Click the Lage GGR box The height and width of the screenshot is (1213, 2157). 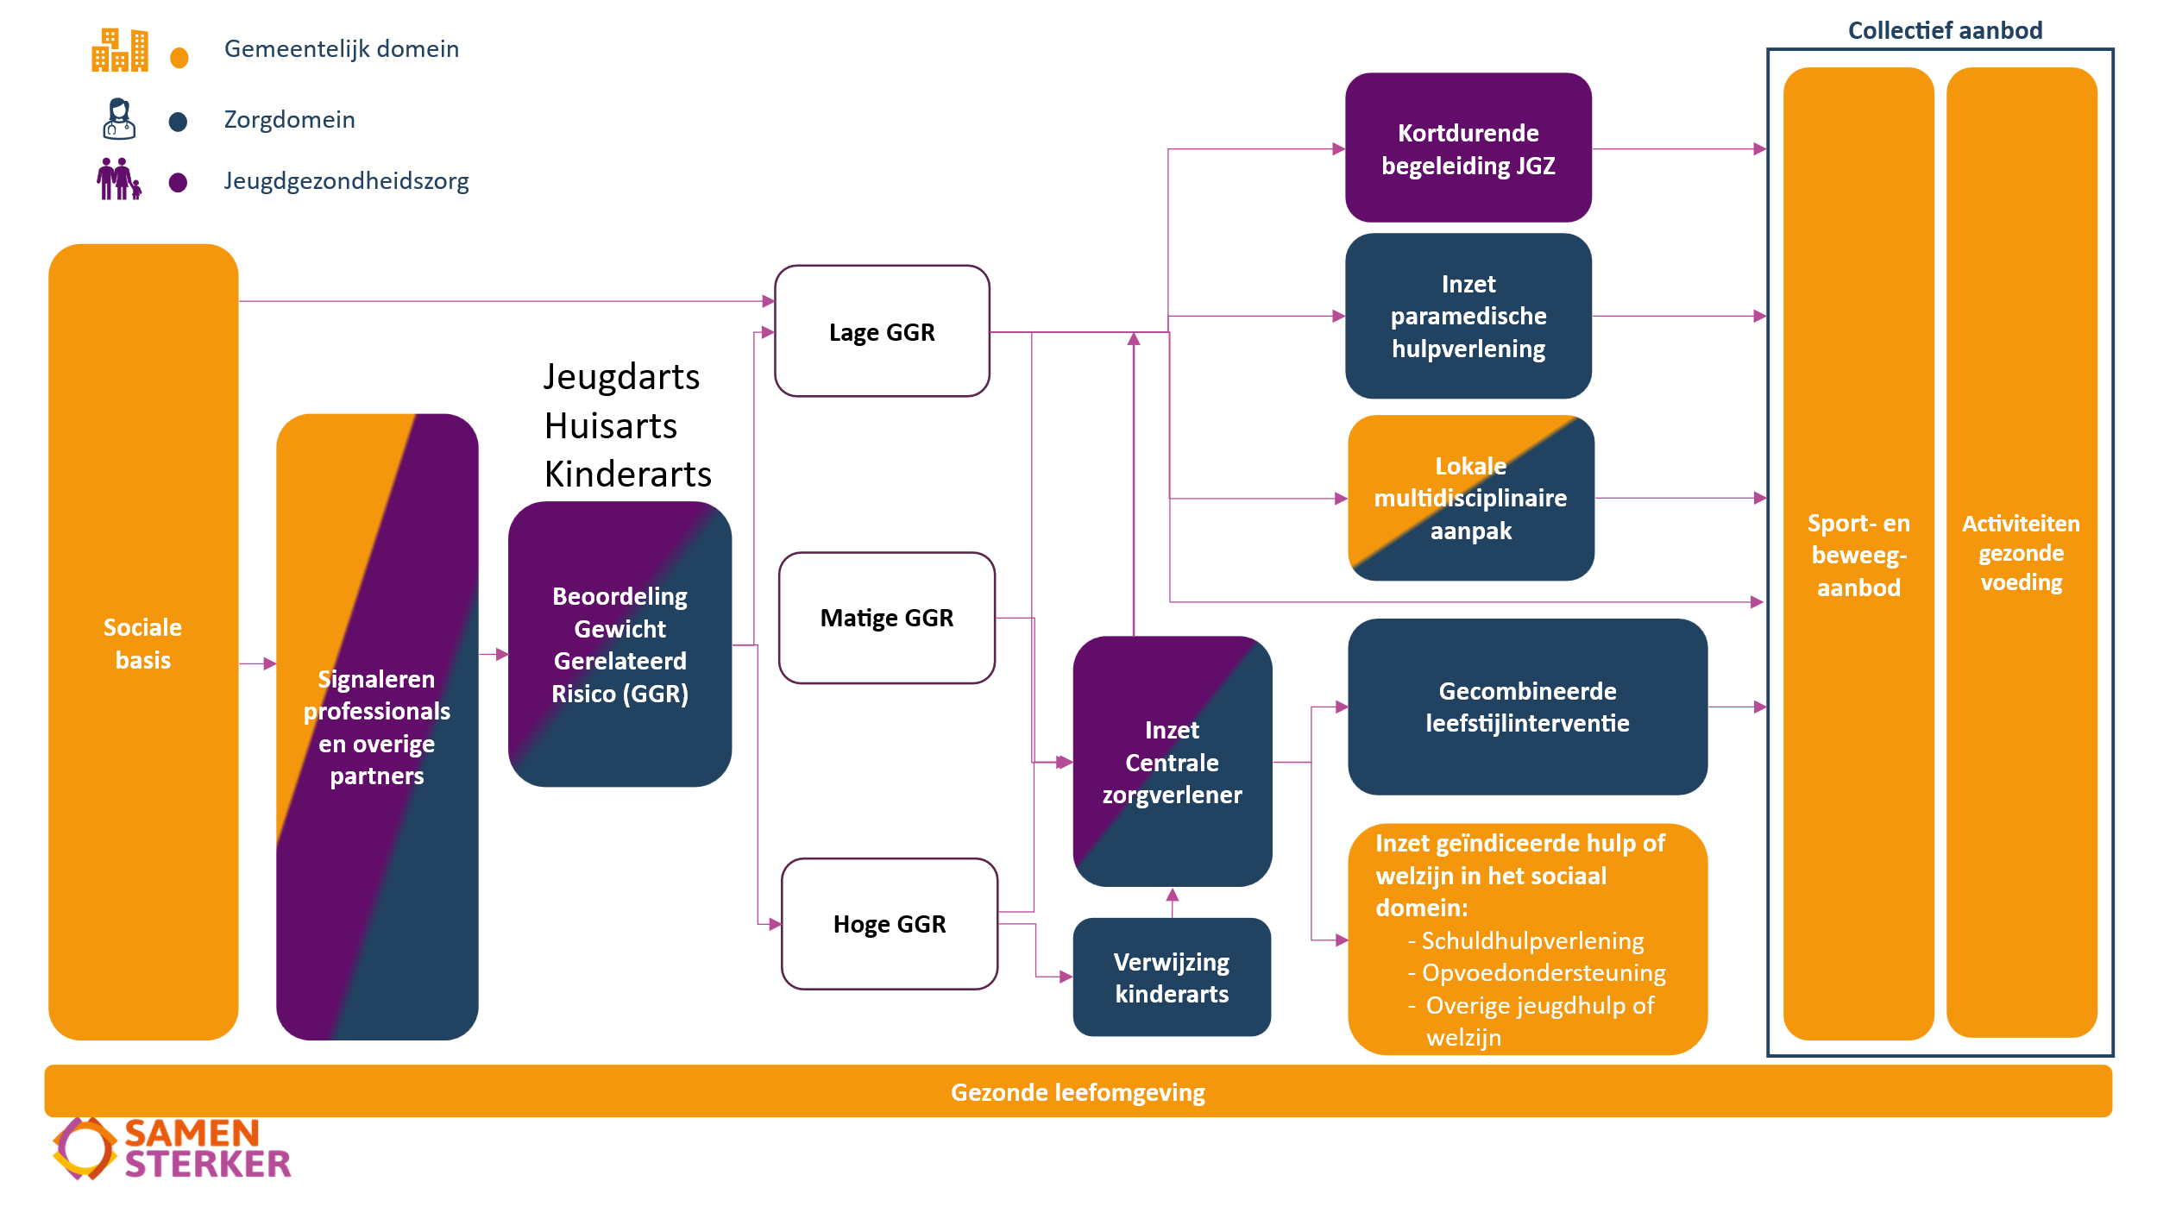[882, 331]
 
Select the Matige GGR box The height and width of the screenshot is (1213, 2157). [886, 618]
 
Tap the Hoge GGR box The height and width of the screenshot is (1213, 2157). [890, 924]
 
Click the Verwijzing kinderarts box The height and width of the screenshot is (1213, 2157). [1171, 977]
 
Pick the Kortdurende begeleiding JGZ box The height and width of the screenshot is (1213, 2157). [1468, 148]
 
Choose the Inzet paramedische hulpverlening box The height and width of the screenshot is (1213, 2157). [1468, 316]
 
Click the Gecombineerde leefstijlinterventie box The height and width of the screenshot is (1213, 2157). [1527, 707]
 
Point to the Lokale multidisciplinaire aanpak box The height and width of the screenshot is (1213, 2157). [1470, 498]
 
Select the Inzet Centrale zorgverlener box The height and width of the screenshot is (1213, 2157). [1172, 762]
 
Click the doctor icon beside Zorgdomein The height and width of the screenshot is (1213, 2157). [119, 119]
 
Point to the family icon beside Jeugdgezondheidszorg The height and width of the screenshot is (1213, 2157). [118, 179]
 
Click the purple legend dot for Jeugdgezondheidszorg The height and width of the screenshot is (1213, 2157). [178, 183]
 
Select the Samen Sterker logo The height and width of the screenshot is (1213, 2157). [172, 1148]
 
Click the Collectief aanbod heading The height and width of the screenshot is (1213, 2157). [1945, 31]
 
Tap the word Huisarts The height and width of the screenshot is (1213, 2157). [611, 426]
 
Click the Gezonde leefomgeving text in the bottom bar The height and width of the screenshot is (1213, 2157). [1078, 1092]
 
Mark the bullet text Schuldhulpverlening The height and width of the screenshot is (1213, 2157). [1532, 940]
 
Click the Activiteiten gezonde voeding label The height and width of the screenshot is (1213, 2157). [2021, 553]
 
